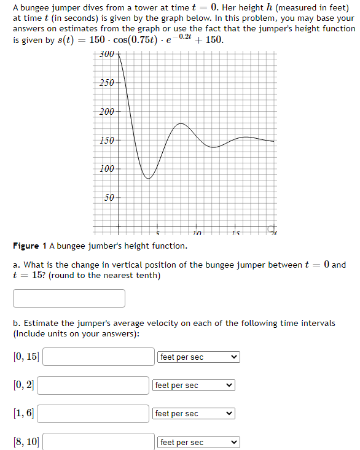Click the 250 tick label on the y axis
pyautogui.click(x=107, y=83)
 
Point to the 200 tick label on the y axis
pyautogui.click(x=107, y=112)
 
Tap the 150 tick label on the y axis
pyautogui.click(x=107, y=141)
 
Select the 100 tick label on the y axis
pyautogui.click(x=107, y=169)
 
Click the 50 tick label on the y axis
pyautogui.click(x=109, y=198)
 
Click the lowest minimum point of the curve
pyautogui.click(x=148, y=178)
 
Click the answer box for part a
pyautogui.click(x=69, y=298)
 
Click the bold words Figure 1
pyautogui.click(x=29, y=246)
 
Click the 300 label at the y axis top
pyautogui.click(x=107, y=55)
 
